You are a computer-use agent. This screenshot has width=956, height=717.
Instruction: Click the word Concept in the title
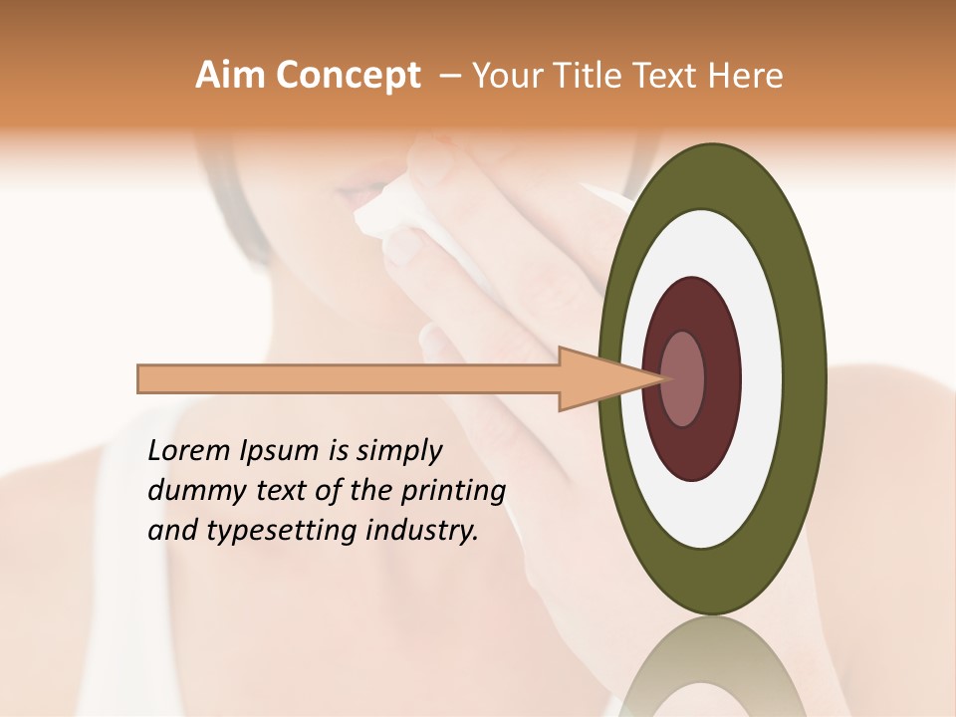click(x=348, y=76)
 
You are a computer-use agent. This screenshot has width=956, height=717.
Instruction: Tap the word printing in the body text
click(x=453, y=492)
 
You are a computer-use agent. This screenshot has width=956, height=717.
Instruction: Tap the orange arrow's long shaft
click(x=349, y=379)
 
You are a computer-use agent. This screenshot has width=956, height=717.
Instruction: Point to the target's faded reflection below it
click(x=712, y=667)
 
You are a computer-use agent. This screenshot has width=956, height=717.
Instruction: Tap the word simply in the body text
click(x=398, y=452)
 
